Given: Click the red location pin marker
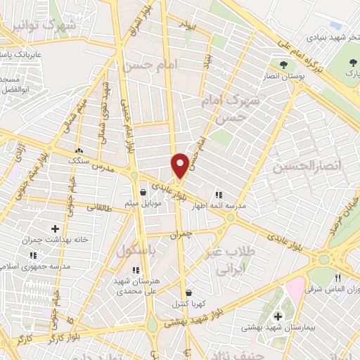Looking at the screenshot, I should click(x=180, y=165).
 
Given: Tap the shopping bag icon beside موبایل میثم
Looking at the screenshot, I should click(x=143, y=192).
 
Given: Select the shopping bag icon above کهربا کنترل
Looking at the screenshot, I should click(x=188, y=293).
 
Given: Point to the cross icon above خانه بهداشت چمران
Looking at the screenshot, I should click(x=55, y=228).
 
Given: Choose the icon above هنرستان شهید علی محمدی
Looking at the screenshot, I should click(x=136, y=269).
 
